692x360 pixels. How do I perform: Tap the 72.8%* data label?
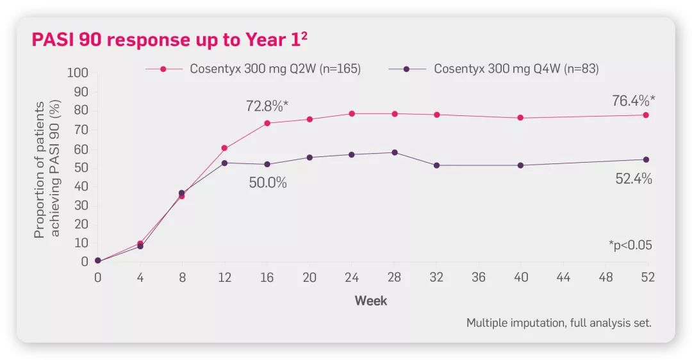click(x=267, y=106)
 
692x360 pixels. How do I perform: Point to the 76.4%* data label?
click(x=633, y=101)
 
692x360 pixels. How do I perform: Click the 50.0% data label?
click(x=268, y=183)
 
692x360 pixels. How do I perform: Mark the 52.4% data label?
click(x=634, y=179)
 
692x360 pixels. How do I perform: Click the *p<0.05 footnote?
click(x=630, y=245)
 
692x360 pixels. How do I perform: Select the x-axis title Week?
click(x=371, y=300)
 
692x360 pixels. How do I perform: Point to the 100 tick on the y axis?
click(x=78, y=73)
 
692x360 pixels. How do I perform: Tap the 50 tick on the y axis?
click(x=81, y=168)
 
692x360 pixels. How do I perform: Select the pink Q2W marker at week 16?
click(x=267, y=123)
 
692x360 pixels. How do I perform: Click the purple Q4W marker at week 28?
click(x=394, y=152)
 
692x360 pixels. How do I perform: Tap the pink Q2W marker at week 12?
click(x=224, y=148)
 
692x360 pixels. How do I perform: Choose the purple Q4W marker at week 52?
click(x=646, y=160)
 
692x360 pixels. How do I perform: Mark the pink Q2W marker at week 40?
click(x=520, y=118)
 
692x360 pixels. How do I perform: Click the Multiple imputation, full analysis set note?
click(x=559, y=323)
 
